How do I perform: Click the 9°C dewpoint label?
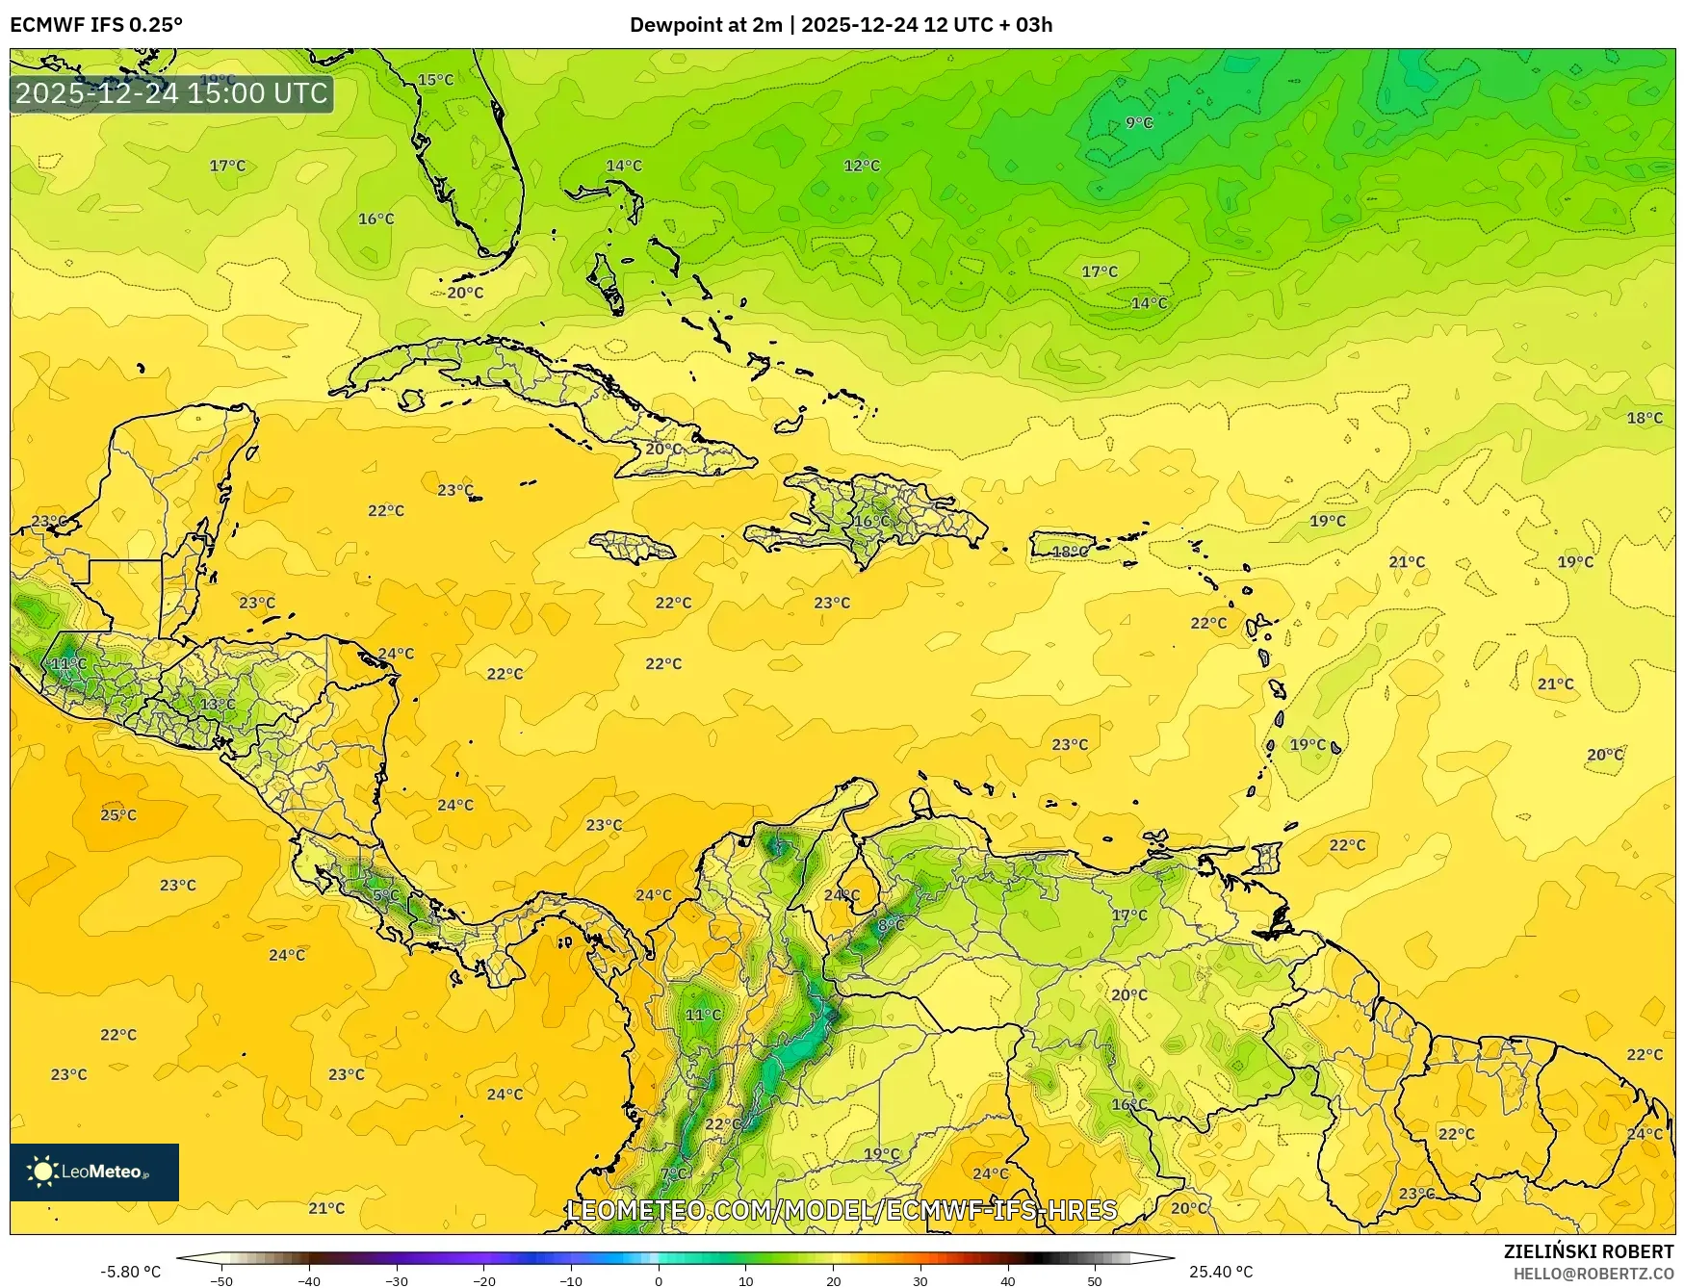(1139, 123)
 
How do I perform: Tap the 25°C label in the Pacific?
(118, 815)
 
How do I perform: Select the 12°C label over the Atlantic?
(862, 166)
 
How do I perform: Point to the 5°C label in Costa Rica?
(385, 895)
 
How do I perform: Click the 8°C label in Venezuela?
(891, 925)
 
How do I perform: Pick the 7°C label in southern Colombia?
(674, 1173)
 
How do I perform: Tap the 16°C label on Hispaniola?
(872, 522)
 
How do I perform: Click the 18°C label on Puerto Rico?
(1070, 552)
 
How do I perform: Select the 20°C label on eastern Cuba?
(663, 450)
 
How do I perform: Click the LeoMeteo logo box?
(94, 1172)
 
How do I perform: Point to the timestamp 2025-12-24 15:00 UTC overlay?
(171, 93)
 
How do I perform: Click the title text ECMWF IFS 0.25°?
(96, 25)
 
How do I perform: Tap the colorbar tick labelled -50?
(221, 1280)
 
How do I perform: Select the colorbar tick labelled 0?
(659, 1280)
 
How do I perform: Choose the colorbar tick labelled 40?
(1007, 1280)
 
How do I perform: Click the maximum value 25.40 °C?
(1220, 1272)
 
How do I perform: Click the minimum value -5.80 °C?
(131, 1272)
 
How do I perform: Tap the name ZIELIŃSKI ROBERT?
(1589, 1251)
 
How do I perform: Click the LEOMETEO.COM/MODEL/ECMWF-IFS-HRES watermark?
(842, 1210)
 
